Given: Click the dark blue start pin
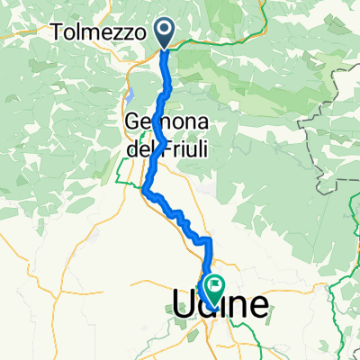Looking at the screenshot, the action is point(166,32).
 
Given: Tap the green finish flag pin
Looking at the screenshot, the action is point(215,285).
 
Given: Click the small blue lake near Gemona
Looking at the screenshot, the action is point(131,92).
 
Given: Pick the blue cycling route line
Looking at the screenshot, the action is point(167,90).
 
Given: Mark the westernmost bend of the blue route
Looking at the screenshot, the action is point(145,189).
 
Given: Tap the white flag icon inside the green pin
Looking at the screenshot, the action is point(215,284).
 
